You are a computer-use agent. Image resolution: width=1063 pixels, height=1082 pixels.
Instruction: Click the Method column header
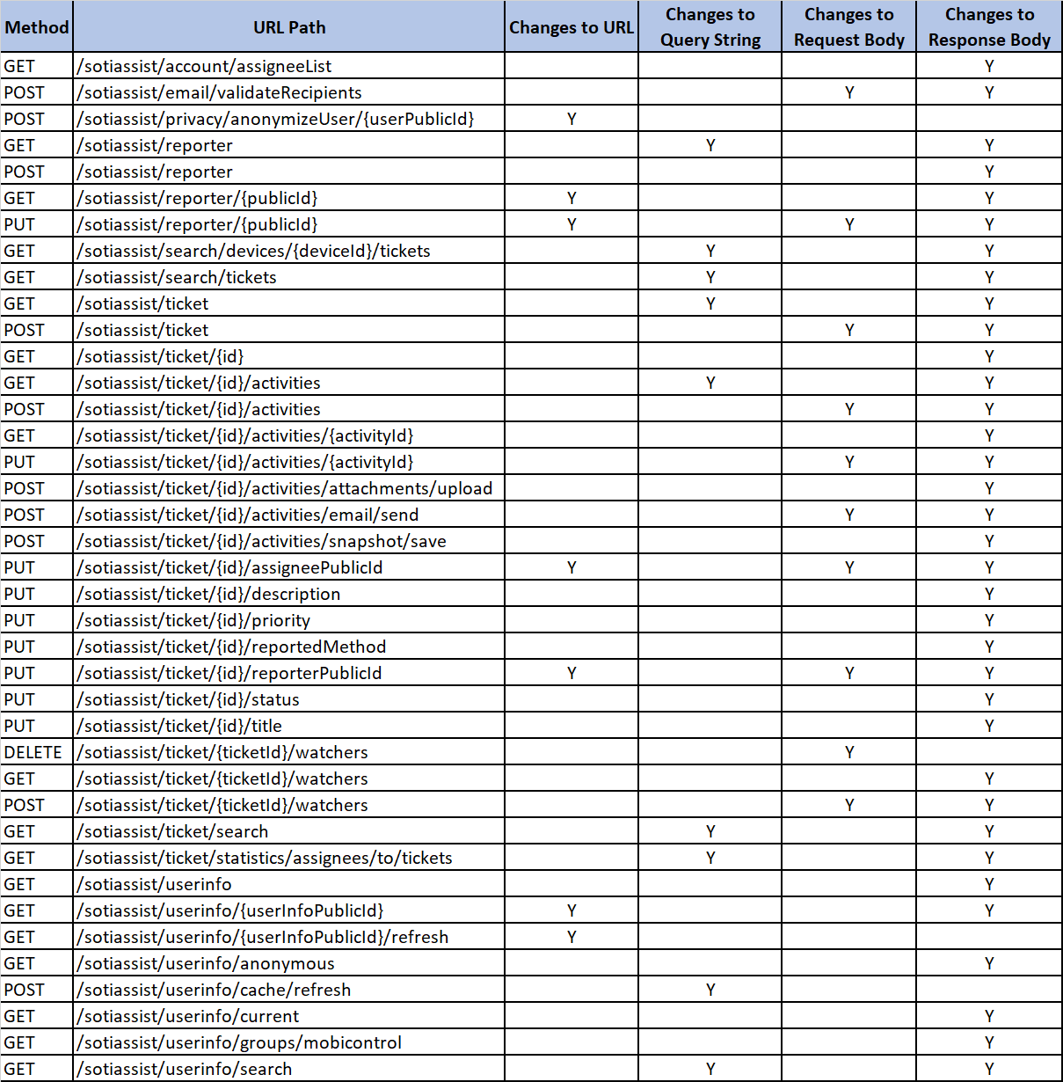pos(36,27)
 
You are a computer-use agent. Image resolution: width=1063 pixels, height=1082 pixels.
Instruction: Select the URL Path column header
pos(289,27)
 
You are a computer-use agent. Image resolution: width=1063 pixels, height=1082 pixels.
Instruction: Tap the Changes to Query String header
pos(710,27)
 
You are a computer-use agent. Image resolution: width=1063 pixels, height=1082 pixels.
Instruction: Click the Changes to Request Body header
pos(848,27)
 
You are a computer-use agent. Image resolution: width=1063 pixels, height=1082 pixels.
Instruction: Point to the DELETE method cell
pos(33,752)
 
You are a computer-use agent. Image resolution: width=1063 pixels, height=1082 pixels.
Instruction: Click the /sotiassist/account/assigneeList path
pos(204,66)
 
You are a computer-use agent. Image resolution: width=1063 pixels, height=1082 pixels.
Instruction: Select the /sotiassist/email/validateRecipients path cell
pos(219,92)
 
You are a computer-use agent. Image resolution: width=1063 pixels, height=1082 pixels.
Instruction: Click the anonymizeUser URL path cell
pos(275,119)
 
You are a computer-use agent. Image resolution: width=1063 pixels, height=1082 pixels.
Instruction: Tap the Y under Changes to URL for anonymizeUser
pos(572,119)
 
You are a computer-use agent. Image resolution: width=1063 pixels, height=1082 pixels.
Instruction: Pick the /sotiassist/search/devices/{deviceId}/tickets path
pos(254,251)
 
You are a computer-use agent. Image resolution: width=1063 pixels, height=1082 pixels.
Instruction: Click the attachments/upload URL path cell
pos(285,488)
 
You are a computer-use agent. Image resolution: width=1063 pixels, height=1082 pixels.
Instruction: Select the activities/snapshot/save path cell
pos(262,541)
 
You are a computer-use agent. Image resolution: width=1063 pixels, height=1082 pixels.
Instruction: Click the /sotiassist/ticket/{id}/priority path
pos(193,620)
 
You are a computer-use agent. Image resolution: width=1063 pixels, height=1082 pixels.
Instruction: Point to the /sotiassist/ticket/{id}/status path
pos(188,699)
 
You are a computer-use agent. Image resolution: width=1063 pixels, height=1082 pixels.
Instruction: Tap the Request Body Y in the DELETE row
pos(849,752)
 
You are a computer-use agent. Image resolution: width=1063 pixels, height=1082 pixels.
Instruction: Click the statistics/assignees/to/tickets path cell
pos(265,858)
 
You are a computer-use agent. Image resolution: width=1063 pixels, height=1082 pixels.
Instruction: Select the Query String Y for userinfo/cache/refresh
pos(710,990)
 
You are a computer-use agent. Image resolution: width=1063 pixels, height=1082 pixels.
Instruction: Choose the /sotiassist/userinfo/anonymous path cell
pos(206,963)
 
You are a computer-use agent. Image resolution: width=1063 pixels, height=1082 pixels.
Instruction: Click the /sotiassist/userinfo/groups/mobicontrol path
pos(239,1042)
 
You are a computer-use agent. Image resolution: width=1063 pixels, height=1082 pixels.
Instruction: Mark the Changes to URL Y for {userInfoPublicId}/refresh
pos(572,937)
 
